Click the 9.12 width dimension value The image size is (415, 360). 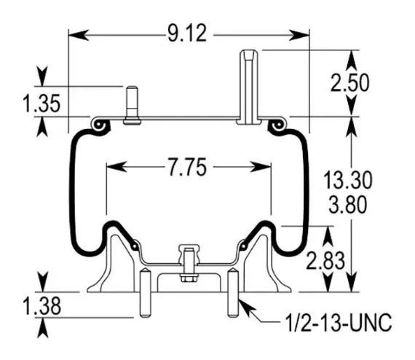click(187, 34)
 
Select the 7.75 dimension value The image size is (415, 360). click(187, 167)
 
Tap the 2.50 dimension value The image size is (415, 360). click(349, 83)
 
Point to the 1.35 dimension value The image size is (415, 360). click(41, 103)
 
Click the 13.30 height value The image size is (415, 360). click(348, 181)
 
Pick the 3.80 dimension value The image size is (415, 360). click(348, 205)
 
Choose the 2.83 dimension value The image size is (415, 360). click(325, 261)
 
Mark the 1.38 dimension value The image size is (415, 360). click(42, 306)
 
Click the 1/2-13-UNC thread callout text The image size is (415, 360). click(339, 322)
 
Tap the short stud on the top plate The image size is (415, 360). click(132, 105)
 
